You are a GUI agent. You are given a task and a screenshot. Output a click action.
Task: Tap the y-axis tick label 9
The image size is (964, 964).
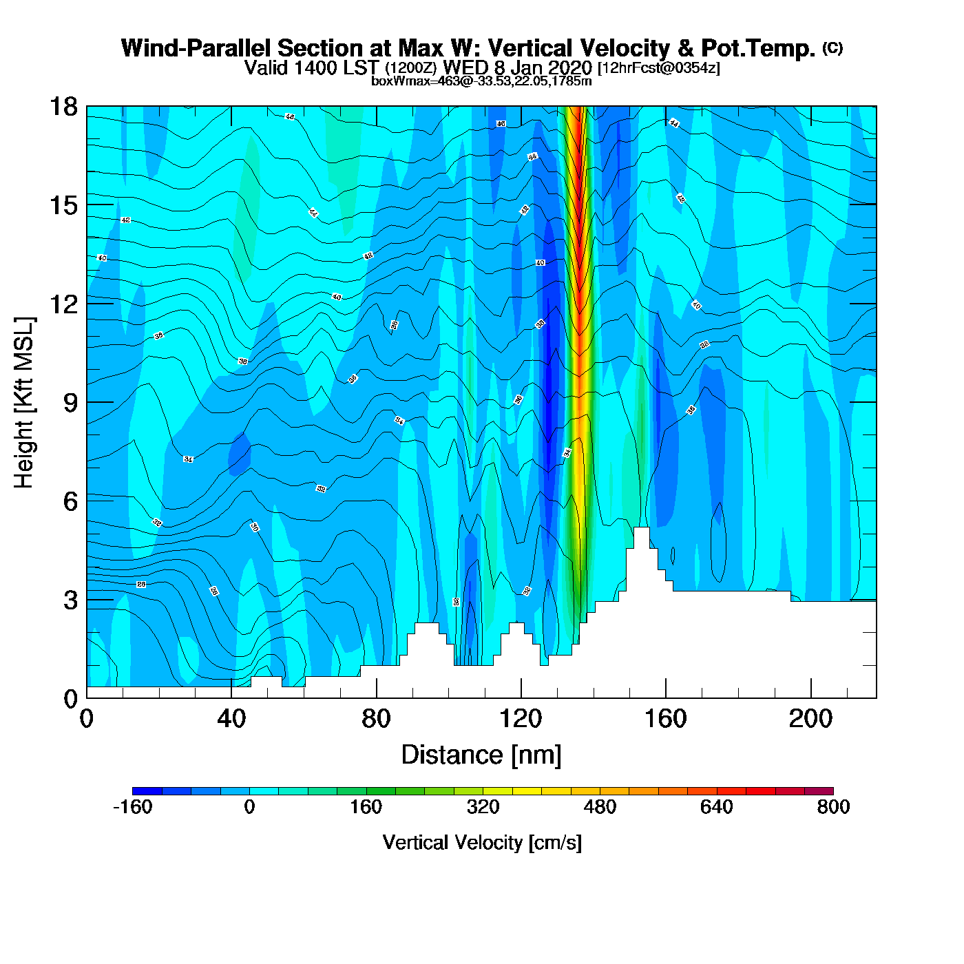click(70, 403)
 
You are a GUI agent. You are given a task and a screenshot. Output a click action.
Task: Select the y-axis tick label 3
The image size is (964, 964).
click(70, 600)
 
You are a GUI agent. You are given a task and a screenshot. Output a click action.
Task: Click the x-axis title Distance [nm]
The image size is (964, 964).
click(481, 755)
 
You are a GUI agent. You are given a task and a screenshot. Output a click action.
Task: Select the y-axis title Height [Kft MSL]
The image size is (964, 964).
click(24, 403)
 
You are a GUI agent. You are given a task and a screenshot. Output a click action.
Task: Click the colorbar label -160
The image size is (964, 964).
click(132, 807)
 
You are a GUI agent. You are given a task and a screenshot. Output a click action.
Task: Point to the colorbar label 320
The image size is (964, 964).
click(483, 807)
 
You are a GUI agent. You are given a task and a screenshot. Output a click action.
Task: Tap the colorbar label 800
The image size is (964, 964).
click(833, 807)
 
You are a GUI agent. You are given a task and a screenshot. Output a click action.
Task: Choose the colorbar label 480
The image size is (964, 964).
click(600, 807)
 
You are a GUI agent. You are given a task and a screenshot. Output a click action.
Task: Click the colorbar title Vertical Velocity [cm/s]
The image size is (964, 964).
click(482, 843)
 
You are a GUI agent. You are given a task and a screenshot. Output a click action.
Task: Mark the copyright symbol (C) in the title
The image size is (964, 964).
click(832, 48)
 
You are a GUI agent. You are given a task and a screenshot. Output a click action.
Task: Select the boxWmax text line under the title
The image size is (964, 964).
click(481, 81)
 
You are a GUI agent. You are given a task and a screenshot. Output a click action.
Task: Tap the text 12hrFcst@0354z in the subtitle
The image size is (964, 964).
click(659, 68)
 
